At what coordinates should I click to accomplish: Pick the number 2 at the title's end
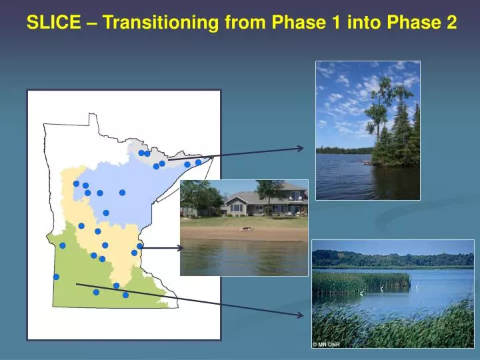click(451, 23)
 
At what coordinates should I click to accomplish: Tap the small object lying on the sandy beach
click(247, 229)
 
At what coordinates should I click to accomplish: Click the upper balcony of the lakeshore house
click(295, 198)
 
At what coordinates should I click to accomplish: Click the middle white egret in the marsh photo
click(381, 287)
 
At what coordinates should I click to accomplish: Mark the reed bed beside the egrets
click(360, 281)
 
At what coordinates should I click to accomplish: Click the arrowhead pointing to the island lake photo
click(301, 148)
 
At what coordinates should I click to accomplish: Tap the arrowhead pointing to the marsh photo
click(301, 313)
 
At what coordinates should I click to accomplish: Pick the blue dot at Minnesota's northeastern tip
click(198, 162)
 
